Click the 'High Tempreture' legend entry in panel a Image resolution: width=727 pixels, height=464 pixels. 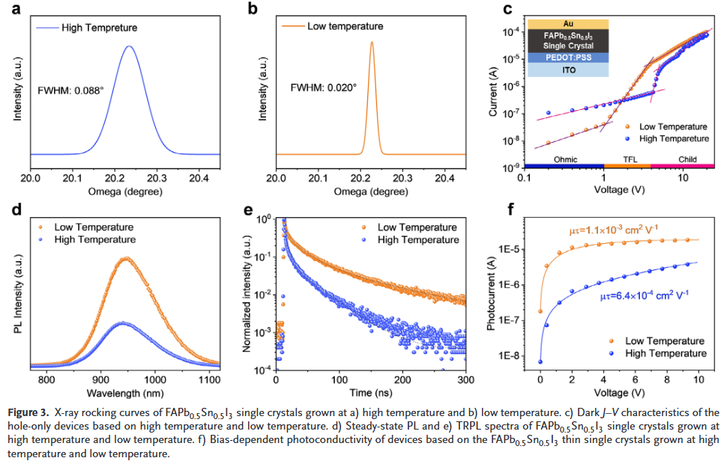pyautogui.click(x=99, y=28)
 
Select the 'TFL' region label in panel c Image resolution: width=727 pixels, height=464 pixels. pyautogui.click(x=627, y=159)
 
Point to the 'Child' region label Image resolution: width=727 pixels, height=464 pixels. pyautogui.click(x=687, y=159)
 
